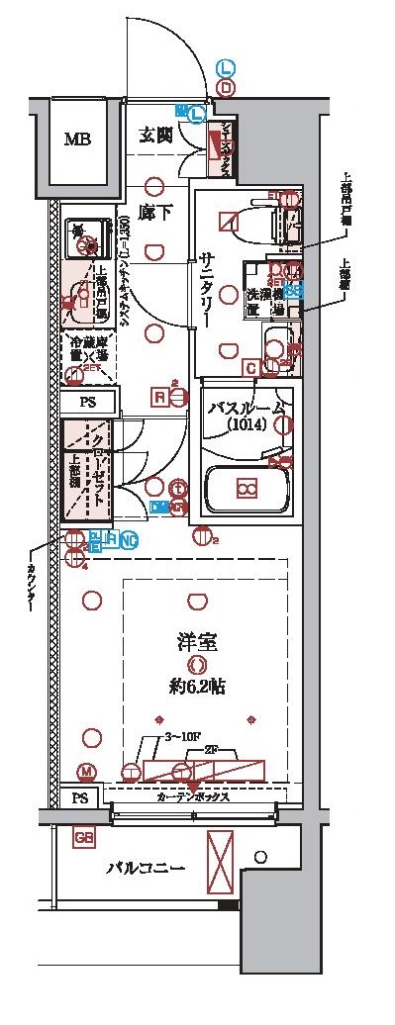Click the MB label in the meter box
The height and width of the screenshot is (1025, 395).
[77, 139]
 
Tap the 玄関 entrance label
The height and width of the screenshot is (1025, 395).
[156, 136]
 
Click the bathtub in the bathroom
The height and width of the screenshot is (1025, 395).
[247, 489]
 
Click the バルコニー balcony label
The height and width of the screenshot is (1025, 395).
[147, 870]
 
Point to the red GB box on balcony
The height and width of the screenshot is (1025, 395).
[83, 839]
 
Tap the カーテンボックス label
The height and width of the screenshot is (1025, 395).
[193, 795]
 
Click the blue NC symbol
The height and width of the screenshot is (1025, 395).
[130, 539]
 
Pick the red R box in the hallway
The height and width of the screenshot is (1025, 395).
[158, 397]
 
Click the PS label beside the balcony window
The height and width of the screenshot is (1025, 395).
[79, 797]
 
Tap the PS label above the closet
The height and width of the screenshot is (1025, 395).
[87, 403]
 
